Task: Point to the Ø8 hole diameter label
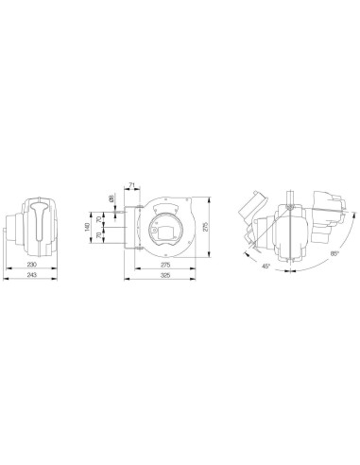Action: click(x=111, y=198)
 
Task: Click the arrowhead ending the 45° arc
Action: click(x=248, y=253)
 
